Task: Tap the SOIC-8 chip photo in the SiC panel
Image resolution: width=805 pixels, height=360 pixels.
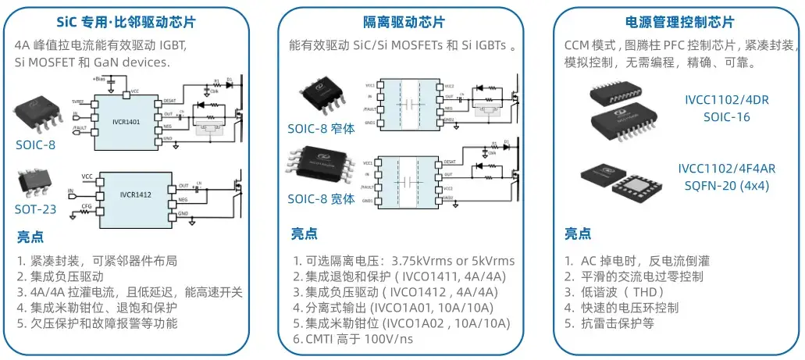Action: tap(37, 116)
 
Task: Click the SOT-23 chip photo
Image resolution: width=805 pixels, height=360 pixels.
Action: tap(33, 183)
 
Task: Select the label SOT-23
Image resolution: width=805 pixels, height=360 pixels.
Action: tap(37, 210)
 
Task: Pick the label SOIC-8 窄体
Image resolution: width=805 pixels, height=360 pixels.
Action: tap(321, 128)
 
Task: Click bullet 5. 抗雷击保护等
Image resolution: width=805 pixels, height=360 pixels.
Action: tap(609, 323)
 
